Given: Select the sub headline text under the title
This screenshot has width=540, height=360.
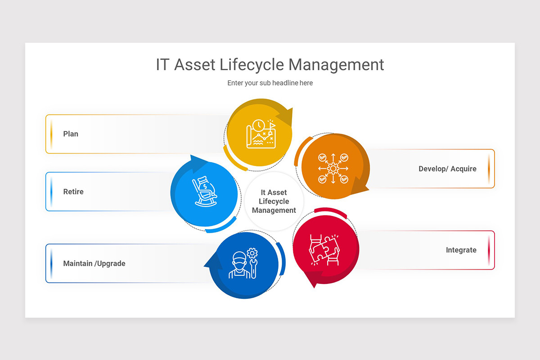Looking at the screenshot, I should coord(270,83).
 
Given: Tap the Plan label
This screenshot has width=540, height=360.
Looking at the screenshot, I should coord(71,134).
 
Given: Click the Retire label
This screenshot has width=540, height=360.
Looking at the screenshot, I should coord(73,192).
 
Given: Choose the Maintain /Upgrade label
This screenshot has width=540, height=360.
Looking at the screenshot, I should coord(94,264).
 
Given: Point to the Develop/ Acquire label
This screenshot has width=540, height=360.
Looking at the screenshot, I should coord(447,169).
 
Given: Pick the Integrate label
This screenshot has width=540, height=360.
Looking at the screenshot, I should coord(461,250).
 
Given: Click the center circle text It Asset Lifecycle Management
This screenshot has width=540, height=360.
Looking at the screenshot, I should coord(274,202).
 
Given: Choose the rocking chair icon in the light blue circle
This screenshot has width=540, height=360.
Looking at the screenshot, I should coord(205,192).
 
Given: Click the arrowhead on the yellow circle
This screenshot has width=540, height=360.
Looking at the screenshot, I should coord(285,117).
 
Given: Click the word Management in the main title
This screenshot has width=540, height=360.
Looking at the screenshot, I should coord(336,65).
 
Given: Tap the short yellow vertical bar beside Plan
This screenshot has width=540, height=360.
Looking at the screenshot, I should coord(51,134).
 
